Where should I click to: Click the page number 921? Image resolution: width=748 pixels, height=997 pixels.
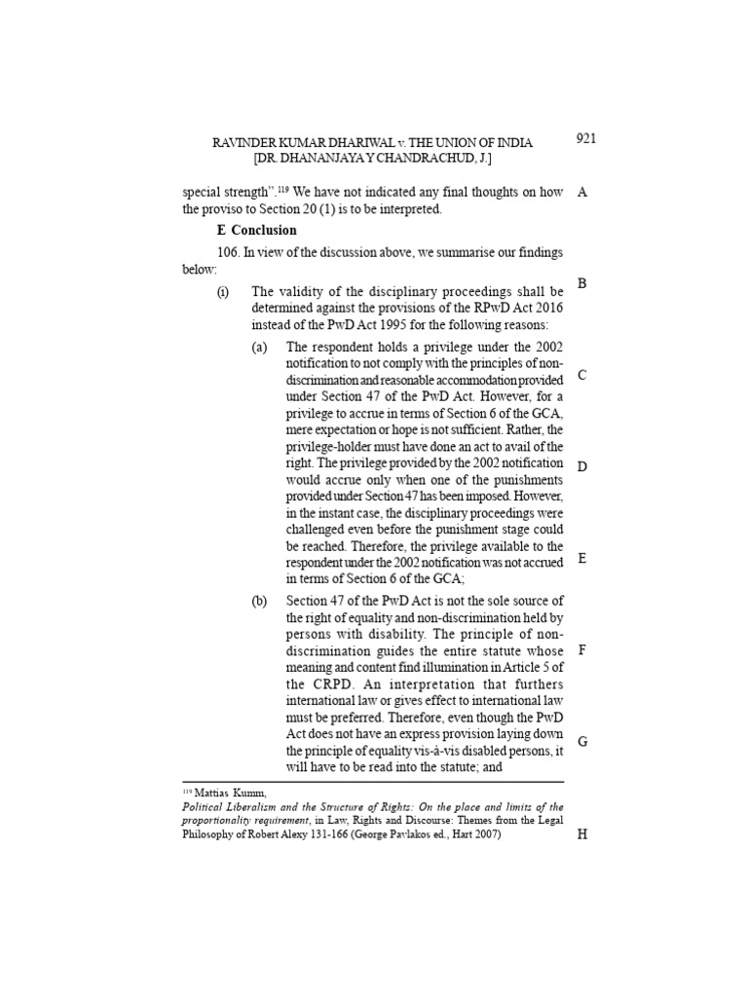click(x=585, y=138)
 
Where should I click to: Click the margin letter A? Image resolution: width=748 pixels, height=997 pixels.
click(x=582, y=192)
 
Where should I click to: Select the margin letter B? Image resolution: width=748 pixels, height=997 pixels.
click(x=581, y=283)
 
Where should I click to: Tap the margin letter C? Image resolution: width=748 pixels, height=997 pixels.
click(x=581, y=375)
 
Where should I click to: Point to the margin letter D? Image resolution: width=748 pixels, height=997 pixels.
click(x=582, y=466)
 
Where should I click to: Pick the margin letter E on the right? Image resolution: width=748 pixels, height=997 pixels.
click(x=581, y=558)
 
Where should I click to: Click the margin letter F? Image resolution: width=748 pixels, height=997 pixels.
click(x=581, y=649)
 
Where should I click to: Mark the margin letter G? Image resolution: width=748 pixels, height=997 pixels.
click(x=582, y=741)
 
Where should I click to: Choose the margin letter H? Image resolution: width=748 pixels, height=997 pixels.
click(x=582, y=835)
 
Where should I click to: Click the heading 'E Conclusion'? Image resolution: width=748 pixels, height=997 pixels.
click(x=256, y=231)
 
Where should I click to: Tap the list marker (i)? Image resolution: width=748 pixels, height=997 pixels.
click(x=223, y=291)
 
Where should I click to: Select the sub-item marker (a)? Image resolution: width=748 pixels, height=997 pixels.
click(x=259, y=348)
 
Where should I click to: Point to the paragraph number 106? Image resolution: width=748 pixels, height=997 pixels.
click(x=229, y=253)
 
